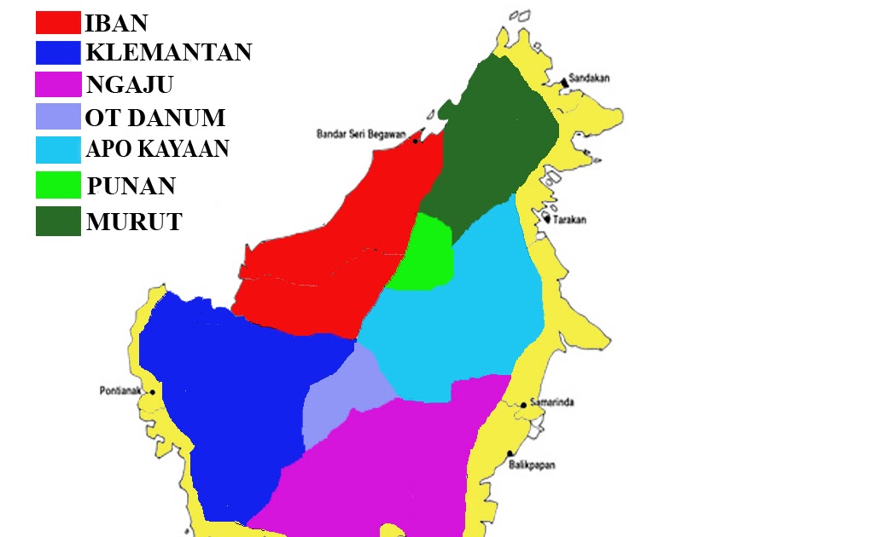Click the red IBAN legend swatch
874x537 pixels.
58,22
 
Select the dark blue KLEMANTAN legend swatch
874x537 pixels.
58,53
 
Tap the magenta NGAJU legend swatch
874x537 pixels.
58,84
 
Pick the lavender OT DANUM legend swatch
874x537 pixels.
58,116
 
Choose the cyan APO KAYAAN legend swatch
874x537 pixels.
58,149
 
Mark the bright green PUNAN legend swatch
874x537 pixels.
58,185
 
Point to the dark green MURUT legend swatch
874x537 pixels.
58,222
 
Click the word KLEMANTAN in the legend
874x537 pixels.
168,53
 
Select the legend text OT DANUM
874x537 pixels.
154,118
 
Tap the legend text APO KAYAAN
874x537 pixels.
157,149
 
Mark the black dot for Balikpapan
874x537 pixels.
510,454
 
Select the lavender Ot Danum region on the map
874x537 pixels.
341,401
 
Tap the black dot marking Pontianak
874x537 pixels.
151,392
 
